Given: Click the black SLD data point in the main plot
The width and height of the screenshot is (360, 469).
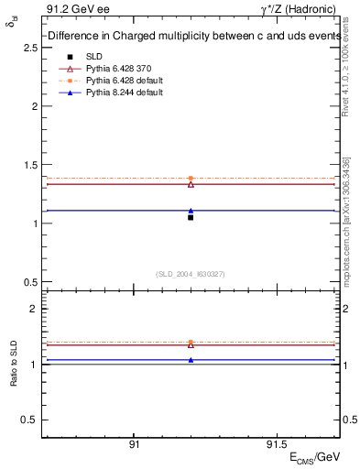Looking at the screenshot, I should coord(191,217).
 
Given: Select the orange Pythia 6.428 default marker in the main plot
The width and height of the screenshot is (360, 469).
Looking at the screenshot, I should coord(191,178).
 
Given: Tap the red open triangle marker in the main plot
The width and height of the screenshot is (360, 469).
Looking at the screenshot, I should coord(191,184).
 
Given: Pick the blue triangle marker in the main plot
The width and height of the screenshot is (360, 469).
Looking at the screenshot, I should coord(191,211).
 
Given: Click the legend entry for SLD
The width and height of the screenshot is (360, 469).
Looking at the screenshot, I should coord(94,56).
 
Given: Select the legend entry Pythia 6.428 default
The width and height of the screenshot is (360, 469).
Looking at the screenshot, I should coord(117,82).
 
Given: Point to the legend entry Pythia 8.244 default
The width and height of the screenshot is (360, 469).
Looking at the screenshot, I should coord(117,94).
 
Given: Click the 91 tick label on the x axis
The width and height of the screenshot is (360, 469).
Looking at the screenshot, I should coord(134,443).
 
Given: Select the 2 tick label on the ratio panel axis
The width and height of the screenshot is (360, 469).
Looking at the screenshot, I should coord(33,310).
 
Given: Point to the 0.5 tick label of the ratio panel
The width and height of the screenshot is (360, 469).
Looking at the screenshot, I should coord(29,420).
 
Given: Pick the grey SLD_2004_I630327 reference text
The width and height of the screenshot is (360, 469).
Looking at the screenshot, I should coord(191,274).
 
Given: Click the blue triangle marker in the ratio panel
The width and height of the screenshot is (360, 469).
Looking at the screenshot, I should coord(191,360).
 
